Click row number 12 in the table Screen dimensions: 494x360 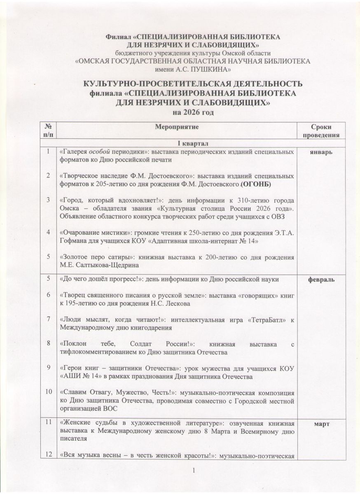[x=49, y=454]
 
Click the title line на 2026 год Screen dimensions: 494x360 [x=193, y=112]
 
